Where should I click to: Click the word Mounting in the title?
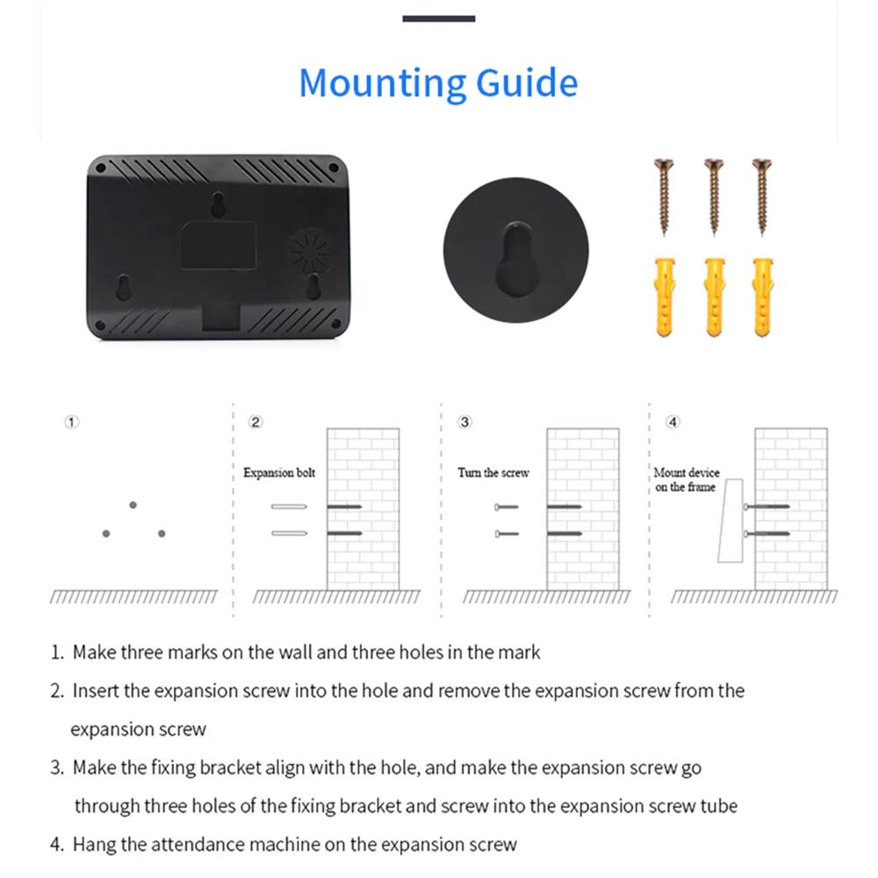tap(383, 83)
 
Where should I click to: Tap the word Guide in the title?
tap(527, 83)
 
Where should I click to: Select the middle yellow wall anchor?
tap(714, 296)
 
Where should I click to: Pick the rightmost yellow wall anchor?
tap(762, 296)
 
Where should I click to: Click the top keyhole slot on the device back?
tap(217, 204)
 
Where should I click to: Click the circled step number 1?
tap(72, 422)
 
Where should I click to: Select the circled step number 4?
tap(673, 422)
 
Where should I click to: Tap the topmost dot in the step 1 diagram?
tap(133, 505)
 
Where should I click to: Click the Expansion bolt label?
tap(279, 473)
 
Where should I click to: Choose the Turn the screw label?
tap(493, 473)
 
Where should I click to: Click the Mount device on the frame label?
tap(687, 479)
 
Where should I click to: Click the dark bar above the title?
tap(439, 18)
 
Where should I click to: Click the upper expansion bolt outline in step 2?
tap(288, 507)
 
